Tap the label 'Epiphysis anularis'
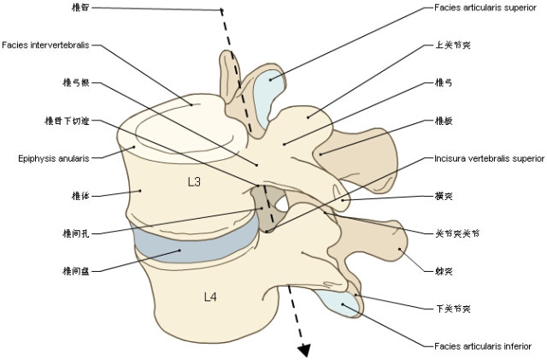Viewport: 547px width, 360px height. (50, 158)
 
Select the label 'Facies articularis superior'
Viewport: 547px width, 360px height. (481, 8)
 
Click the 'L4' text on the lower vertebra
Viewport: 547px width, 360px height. (210, 297)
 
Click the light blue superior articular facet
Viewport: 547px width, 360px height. (272, 86)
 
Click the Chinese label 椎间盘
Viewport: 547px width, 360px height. (76, 271)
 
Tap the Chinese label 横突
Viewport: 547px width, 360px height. (444, 196)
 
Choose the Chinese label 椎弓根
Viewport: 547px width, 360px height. (76, 83)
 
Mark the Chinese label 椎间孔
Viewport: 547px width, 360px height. (76, 232)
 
